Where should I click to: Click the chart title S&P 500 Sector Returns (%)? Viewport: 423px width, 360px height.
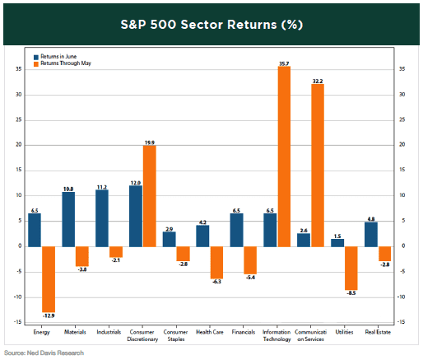211,25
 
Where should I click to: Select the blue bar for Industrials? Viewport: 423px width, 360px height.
103,217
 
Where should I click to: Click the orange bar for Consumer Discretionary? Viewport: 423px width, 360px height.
149,195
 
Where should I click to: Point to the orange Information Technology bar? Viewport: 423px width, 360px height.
284,156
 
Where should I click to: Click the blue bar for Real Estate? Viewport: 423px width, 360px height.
371,234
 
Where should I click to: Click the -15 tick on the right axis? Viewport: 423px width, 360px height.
403,321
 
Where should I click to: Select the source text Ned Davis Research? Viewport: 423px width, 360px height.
42,353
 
